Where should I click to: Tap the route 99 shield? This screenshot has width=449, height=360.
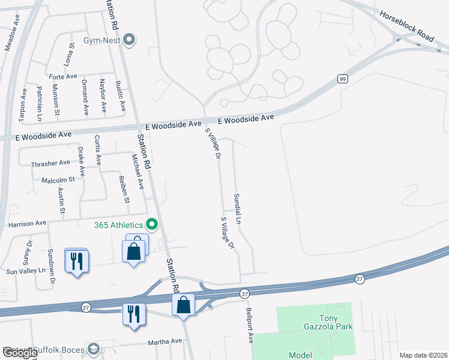(342, 79)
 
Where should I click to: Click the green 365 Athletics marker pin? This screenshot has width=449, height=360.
(152, 225)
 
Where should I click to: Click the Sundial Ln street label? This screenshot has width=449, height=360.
(238, 209)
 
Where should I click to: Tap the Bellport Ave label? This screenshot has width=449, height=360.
(250, 326)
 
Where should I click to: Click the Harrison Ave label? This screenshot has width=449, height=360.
(28, 223)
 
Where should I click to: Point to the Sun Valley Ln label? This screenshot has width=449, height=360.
(26, 271)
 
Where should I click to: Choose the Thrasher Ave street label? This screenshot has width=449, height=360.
(50, 163)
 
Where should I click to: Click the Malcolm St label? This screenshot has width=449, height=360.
(58, 179)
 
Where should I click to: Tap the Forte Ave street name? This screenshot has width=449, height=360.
(63, 77)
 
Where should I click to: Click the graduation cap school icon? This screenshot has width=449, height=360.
(94, 349)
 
